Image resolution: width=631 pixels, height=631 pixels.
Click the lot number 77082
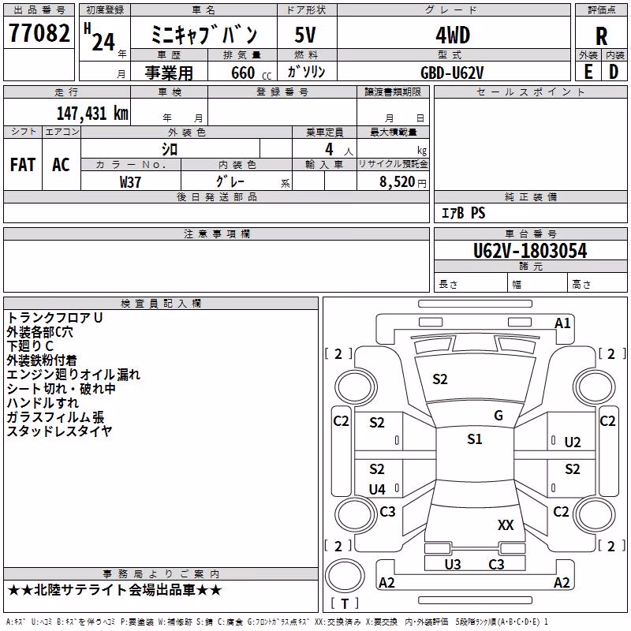pyautogui.click(x=39, y=32)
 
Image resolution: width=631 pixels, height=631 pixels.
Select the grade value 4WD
pyautogui.click(x=453, y=35)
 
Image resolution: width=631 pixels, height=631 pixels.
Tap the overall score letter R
pyautogui.click(x=601, y=36)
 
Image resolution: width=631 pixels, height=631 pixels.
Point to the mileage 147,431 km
pyautogui.click(x=92, y=113)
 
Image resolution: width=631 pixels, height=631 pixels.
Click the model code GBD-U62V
pyautogui.click(x=452, y=73)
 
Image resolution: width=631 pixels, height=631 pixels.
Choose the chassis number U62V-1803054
pyautogui.click(x=530, y=250)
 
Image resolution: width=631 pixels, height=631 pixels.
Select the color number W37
pyautogui.click(x=130, y=182)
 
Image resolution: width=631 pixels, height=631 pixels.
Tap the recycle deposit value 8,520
pyautogui.click(x=397, y=181)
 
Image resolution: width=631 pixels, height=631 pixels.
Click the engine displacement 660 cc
pyautogui.click(x=251, y=73)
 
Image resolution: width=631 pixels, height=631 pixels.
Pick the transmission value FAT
pyautogui.click(x=23, y=165)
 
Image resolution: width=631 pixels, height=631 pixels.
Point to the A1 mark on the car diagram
pyautogui.click(x=562, y=323)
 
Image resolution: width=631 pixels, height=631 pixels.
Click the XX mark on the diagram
pyautogui.click(x=506, y=525)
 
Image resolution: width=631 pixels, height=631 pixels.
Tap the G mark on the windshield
pyautogui.click(x=498, y=415)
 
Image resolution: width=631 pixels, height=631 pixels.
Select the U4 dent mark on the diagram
pyautogui.click(x=377, y=489)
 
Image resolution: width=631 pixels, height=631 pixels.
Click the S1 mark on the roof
pyautogui.click(x=475, y=439)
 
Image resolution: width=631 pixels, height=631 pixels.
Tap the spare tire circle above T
pyautogui.click(x=345, y=576)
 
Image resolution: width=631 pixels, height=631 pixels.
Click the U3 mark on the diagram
pyautogui.click(x=452, y=564)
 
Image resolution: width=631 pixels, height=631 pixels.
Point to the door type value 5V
pyautogui.click(x=305, y=35)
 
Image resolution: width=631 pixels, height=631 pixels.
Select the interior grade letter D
pyautogui.click(x=614, y=72)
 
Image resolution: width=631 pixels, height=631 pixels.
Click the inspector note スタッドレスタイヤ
pyautogui.click(x=59, y=431)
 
